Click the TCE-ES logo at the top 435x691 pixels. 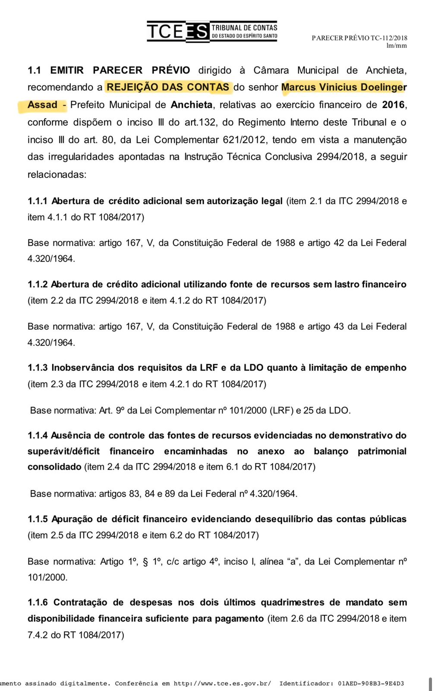[x=212, y=32]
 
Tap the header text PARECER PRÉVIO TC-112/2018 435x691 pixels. [x=359, y=38]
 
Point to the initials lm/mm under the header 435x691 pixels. [x=397, y=46]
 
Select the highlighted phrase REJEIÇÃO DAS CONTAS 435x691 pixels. [x=168, y=87]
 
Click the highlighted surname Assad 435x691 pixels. [x=42, y=105]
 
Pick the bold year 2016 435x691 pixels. [x=394, y=105]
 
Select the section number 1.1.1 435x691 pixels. [x=38, y=201]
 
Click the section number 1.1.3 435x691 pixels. [x=38, y=368]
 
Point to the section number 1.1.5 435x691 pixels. [x=38, y=519]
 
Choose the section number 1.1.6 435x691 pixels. [x=38, y=602]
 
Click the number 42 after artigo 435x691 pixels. [x=339, y=243]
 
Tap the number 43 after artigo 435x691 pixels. [x=339, y=326]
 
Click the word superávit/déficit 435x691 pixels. [x=63, y=451]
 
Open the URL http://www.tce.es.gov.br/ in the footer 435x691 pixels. [x=222, y=683]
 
